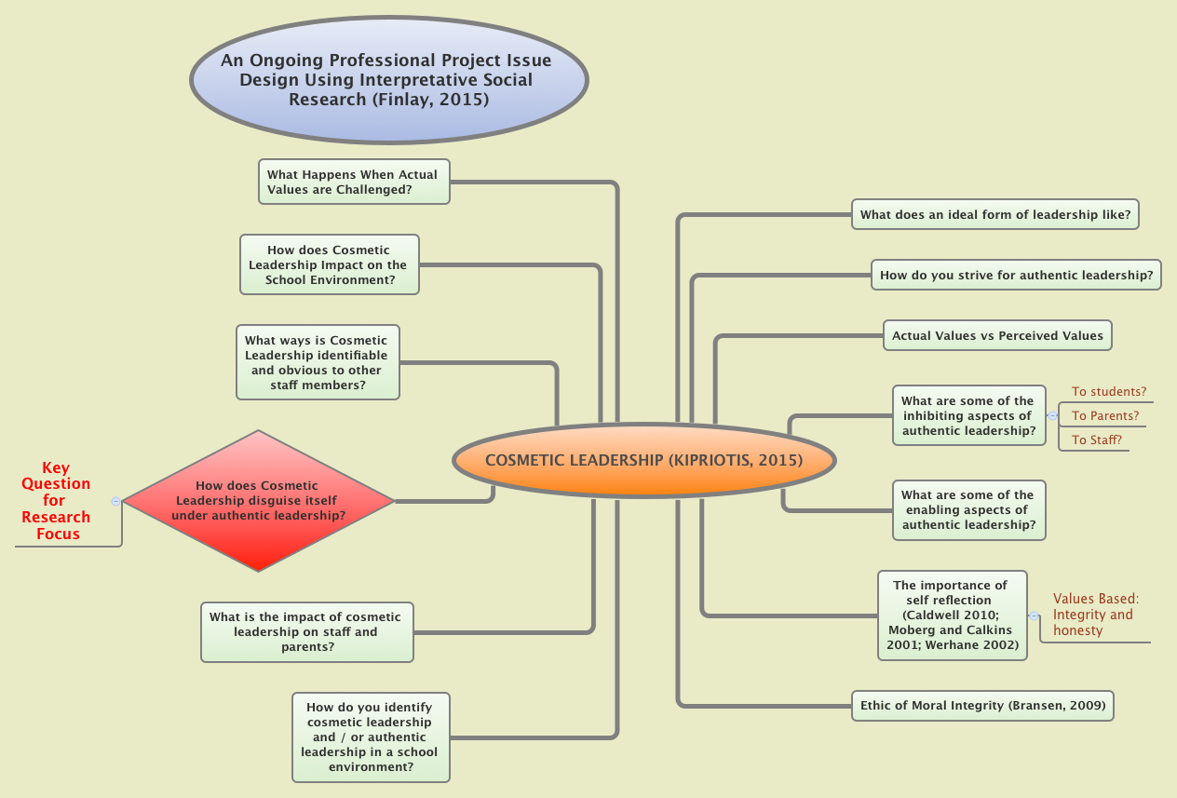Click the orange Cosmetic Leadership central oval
click(644, 460)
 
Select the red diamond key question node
click(258, 500)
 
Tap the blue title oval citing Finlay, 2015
click(388, 79)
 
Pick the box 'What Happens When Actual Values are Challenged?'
click(353, 182)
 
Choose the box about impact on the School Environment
click(330, 264)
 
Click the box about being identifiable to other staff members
click(318, 362)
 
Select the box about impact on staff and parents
click(306, 632)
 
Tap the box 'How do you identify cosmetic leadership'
click(371, 737)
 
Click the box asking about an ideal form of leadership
click(995, 214)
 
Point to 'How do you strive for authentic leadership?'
click(1016, 275)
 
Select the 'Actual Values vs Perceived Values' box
click(997, 335)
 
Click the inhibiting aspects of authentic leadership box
click(968, 415)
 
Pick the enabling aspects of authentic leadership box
click(968, 509)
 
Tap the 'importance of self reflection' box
click(952, 615)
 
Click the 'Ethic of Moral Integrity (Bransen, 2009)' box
click(982, 706)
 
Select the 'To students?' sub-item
click(1108, 392)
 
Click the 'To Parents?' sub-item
click(1104, 416)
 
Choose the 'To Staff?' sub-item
click(1096, 440)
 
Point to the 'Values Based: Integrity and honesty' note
click(1096, 615)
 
